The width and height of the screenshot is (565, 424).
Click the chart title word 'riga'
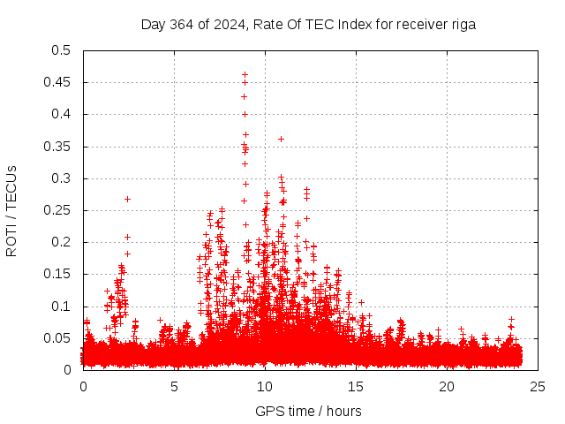(463, 25)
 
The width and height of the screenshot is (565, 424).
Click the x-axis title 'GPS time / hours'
(308, 411)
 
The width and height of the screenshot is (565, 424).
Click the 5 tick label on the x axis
(175, 386)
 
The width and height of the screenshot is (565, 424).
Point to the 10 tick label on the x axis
(266, 386)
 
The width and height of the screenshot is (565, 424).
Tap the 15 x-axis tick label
(357, 386)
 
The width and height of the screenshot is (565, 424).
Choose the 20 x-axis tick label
(448, 386)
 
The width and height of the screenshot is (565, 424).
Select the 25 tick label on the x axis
(539, 386)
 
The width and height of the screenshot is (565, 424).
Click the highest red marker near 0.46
(245, 75)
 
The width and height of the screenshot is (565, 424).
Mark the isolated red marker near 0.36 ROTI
(281, 139)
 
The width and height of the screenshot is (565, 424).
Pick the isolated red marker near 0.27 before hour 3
(127, 199)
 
